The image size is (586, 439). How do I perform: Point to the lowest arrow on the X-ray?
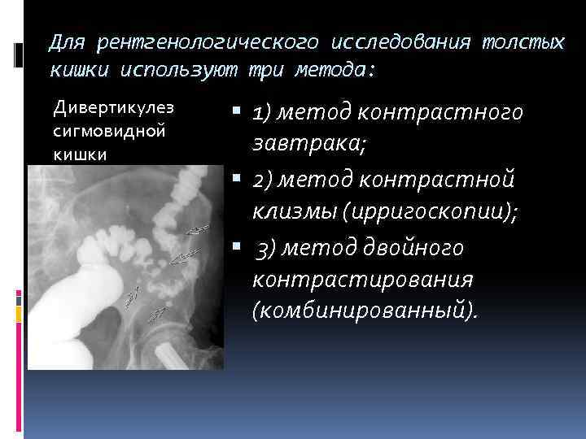pos(158,311)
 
